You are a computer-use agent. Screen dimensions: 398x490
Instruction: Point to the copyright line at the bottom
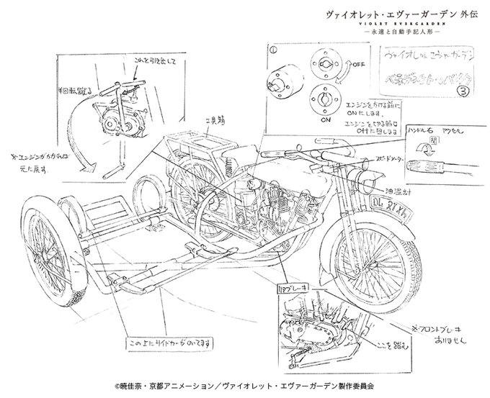coord(244,384)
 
